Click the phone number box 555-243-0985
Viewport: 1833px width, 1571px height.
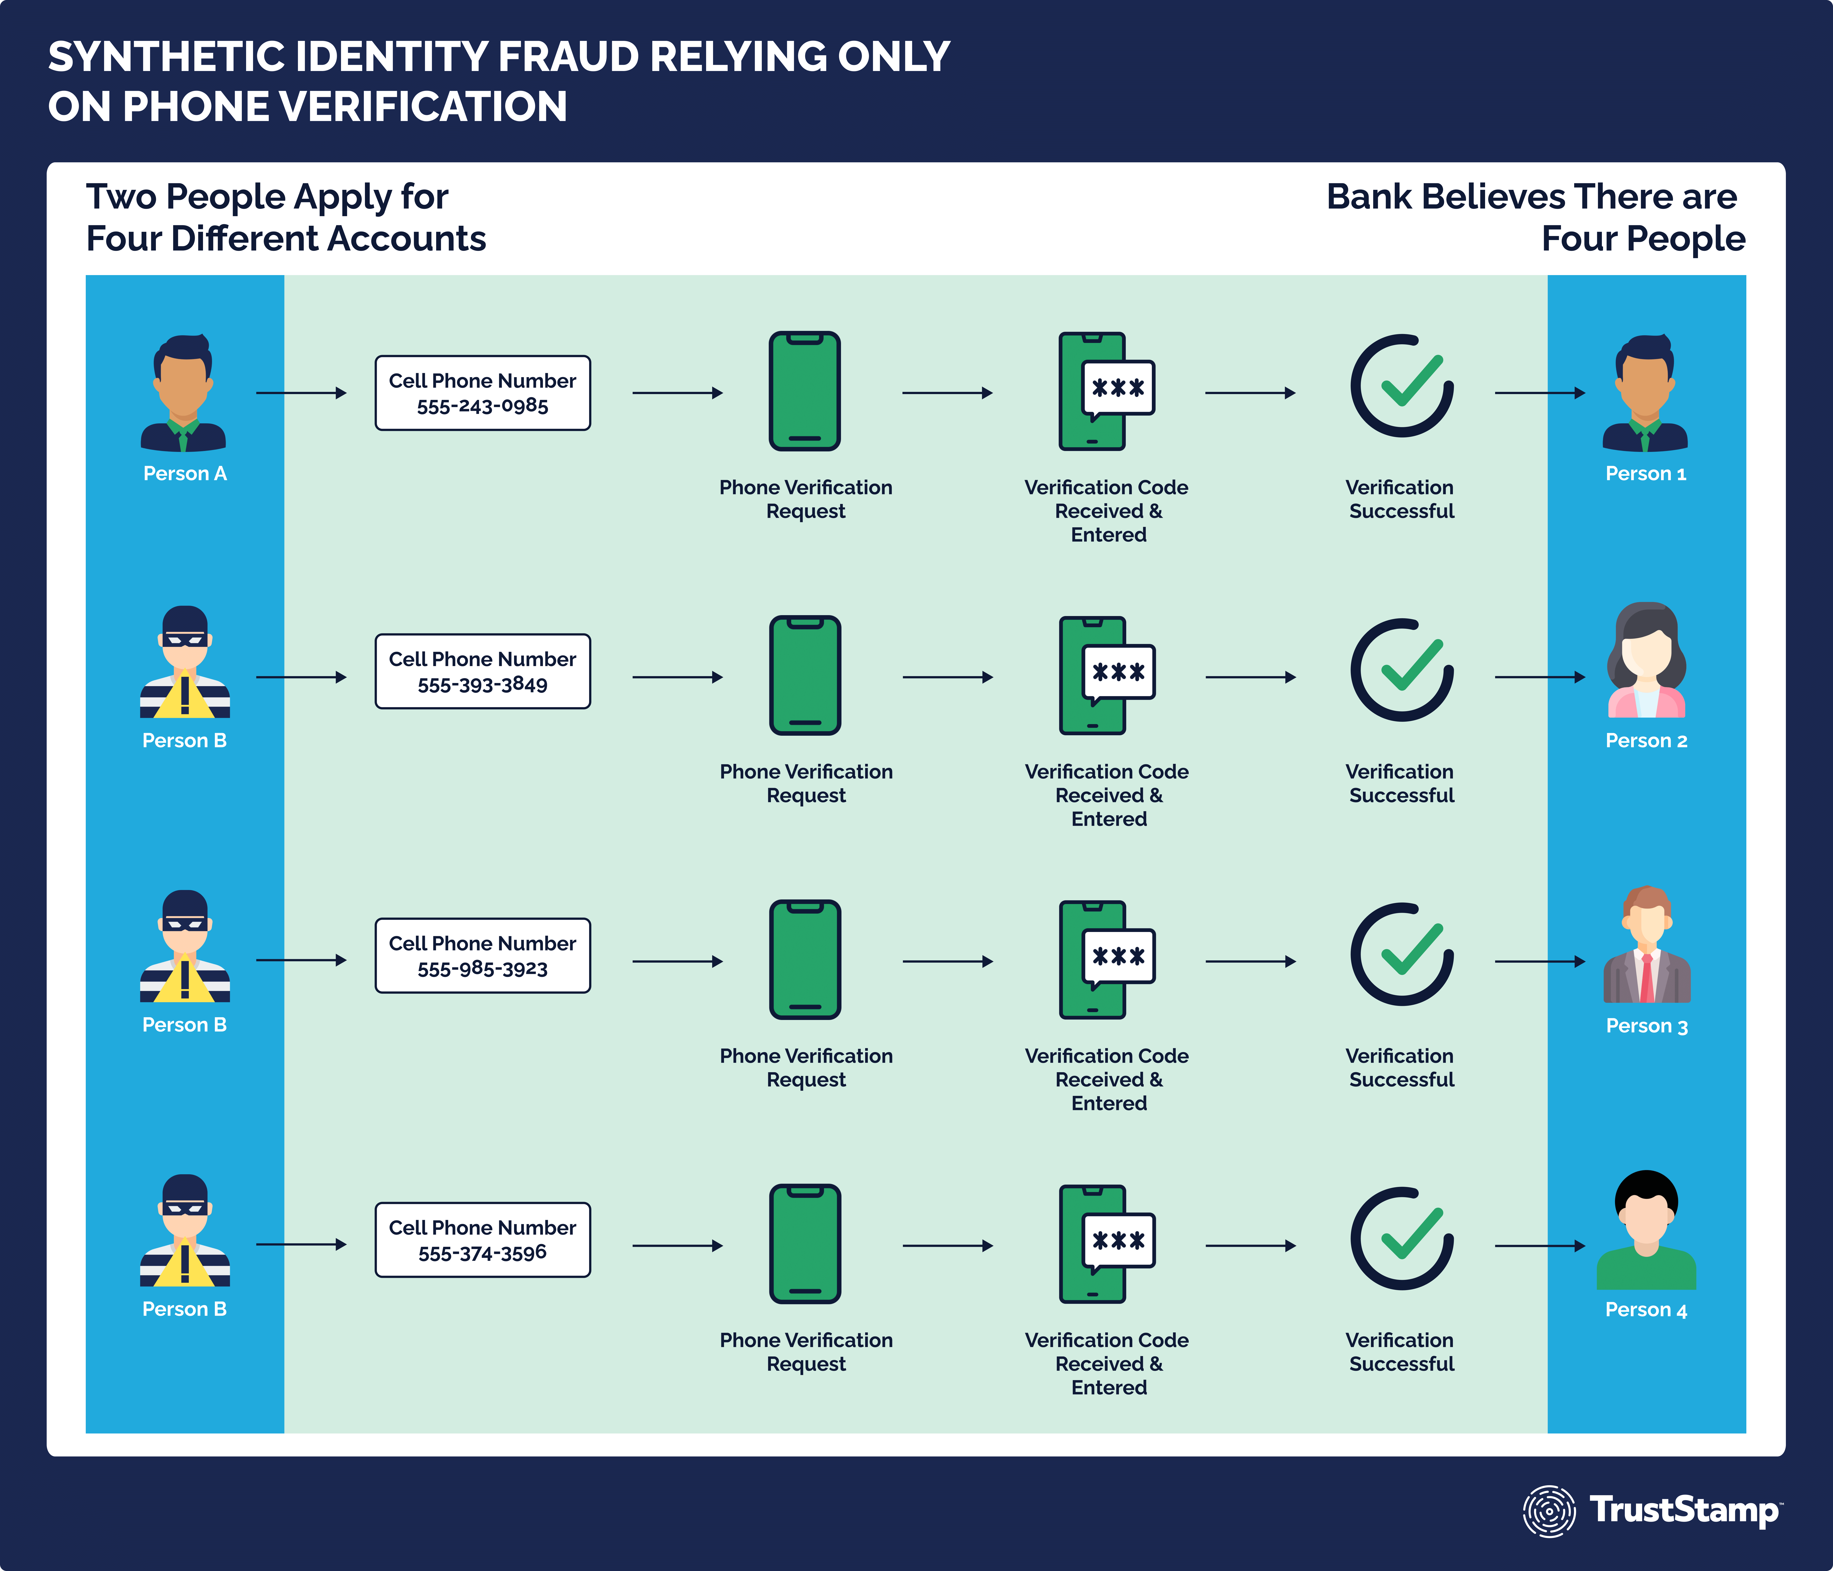[x=482, y=393]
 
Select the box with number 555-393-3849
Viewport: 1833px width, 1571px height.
[x=482, y=671]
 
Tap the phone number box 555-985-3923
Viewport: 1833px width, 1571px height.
[x=482, y=955]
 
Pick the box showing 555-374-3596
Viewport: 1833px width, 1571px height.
[x=482, y=1239]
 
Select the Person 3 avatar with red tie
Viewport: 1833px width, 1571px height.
[x=1646, y=945]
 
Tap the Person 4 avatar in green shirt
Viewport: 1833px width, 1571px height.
[x=1646, y=1230]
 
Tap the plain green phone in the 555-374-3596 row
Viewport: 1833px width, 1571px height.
[x=804, y=1244]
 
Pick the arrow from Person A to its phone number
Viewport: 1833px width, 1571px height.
[x=301, y=393]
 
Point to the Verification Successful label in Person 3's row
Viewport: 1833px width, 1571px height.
[x=1400, y=1068]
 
